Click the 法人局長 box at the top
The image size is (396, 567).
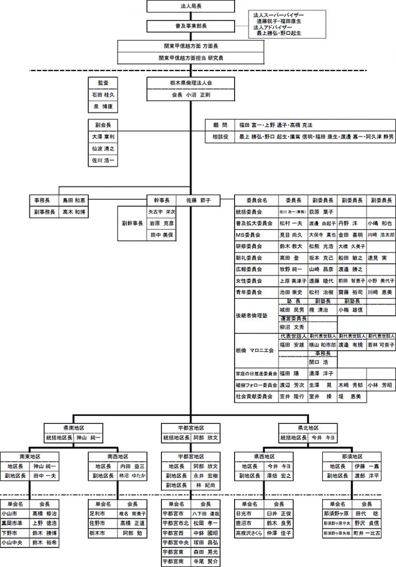(x=191, y=6)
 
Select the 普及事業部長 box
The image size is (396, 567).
(x=191, y=25)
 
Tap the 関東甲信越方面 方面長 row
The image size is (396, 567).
(x=191, y=46)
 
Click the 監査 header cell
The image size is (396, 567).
(x=103, y=82)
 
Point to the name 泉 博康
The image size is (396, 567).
(x=103, y=107)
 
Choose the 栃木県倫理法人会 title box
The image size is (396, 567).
(x=191, y=82)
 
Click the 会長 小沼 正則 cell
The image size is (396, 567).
(x=191, y=95)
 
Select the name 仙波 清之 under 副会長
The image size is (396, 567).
(x=103, y=148)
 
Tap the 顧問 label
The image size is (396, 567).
(x=220, y=125)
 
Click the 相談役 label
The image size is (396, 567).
(x=220, y=137)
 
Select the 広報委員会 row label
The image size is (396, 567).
(x=250, y=269)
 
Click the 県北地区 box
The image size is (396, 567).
(x=308, y=428)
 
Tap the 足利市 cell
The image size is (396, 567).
(x=98, y=514)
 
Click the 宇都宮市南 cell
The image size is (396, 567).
(x=173, y=562)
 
